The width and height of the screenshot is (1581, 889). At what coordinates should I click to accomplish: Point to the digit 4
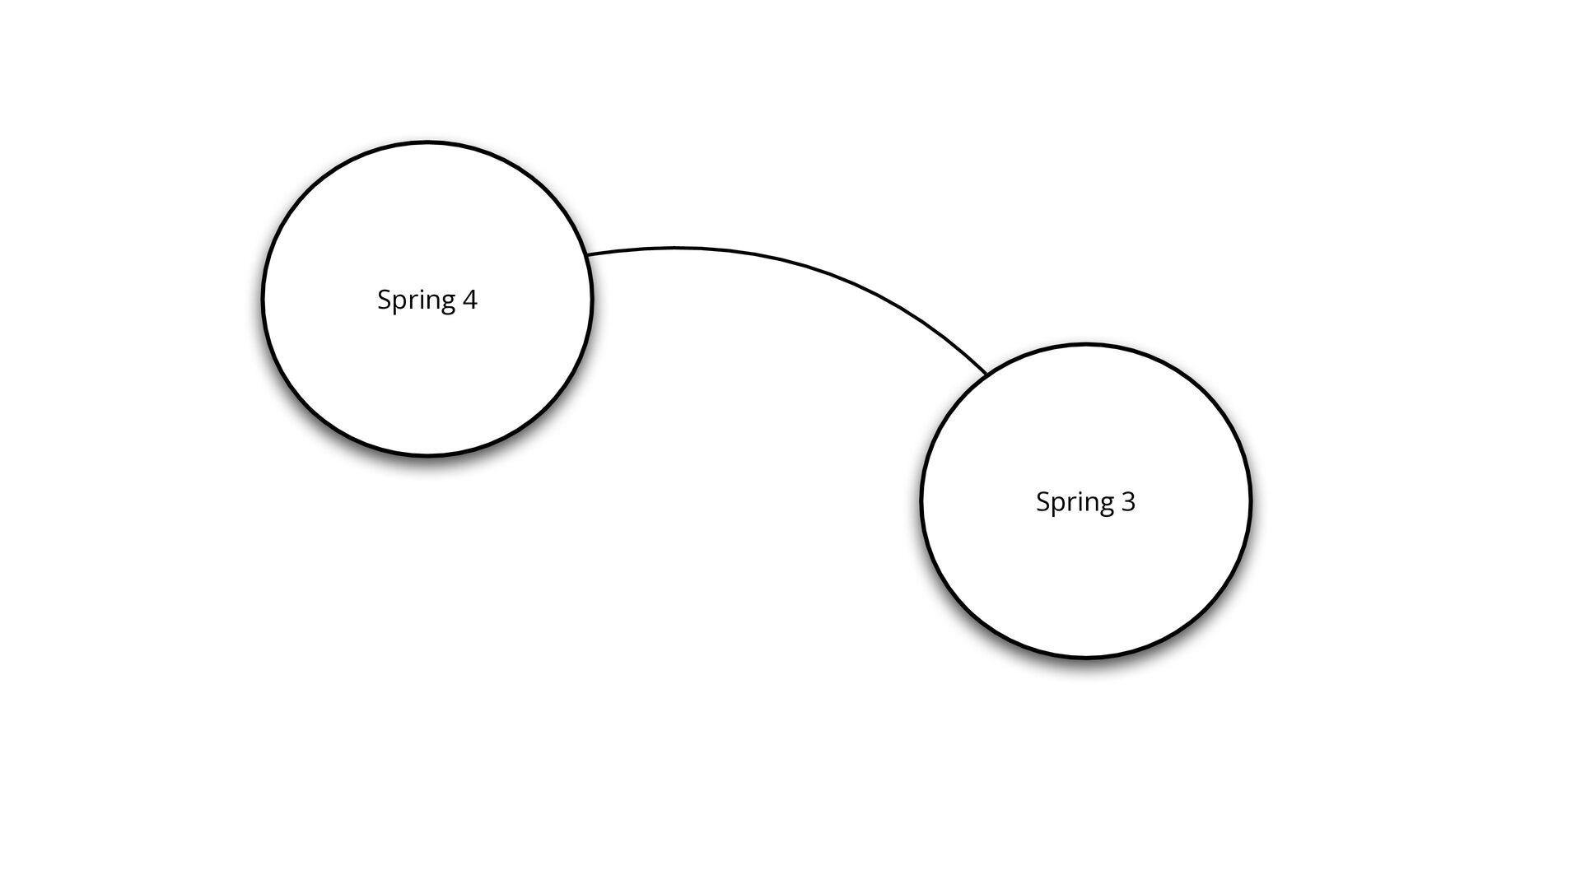pos(469,299)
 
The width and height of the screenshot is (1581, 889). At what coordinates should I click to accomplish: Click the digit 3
pos(1128,501)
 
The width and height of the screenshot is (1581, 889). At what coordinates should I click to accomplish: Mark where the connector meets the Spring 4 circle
pos(588,254)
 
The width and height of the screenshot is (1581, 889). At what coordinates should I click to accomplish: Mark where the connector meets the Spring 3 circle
pos(986,375)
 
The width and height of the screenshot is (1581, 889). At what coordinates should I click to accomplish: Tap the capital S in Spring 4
pos(383,299)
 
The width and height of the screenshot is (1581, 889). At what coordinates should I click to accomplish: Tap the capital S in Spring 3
pos(1042,501)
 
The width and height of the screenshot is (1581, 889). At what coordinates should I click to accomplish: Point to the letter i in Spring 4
pos(418,299)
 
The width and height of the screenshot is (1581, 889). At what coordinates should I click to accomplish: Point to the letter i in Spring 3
pos(1077,501)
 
